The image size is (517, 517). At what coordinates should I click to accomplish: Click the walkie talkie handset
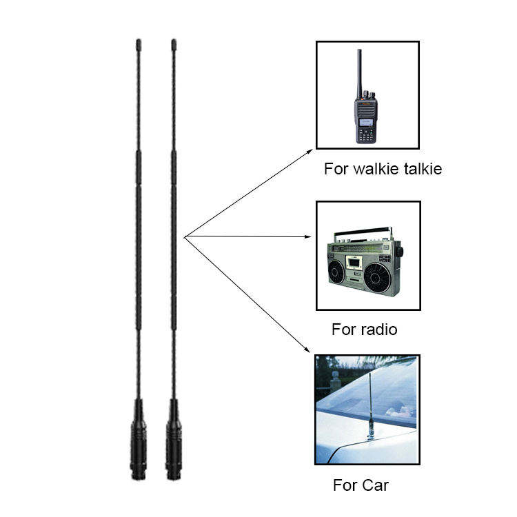pyautogui.click(x=366, y=110)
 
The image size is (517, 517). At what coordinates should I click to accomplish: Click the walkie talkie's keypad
pyautogui.click(x=366, y=135)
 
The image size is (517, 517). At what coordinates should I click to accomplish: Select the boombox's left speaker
pyautogui.click(x=337, y=273)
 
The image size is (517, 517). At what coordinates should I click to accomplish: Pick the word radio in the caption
pyautogui.click(x=379, y=329)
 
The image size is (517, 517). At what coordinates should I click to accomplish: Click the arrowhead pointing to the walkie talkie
pyautogui.click(x=310, y=150)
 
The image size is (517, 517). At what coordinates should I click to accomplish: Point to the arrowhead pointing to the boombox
pyautogui.click(x=310, y=237)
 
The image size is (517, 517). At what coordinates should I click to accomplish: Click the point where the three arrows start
pyautogui.click(x=185, y=236)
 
